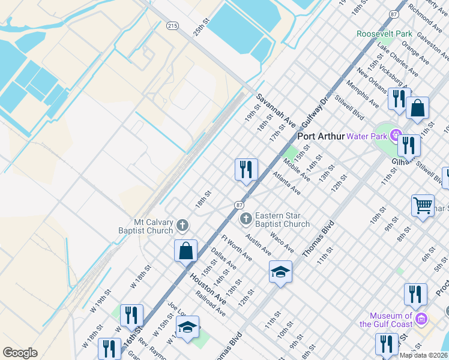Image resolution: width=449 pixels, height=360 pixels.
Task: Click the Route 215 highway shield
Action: point(172,26)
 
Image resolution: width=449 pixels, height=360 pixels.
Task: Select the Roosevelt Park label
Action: point(384,34)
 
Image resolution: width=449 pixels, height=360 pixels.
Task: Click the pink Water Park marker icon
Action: point(396,136)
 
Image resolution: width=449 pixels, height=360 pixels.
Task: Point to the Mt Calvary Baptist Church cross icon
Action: point(182,226)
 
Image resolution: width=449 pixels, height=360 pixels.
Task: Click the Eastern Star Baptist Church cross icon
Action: point(246,220)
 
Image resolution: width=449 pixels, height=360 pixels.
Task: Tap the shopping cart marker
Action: point(423,206)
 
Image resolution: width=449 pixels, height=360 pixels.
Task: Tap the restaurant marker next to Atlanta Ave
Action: point(246,170)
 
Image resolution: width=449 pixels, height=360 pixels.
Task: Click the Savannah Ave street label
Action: point(277,109)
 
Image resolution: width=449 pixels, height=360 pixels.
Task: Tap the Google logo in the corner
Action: point(20,353)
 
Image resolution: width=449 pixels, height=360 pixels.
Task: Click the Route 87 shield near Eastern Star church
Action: point(239,205)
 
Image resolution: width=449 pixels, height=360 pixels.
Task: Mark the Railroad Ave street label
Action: point(211,303)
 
